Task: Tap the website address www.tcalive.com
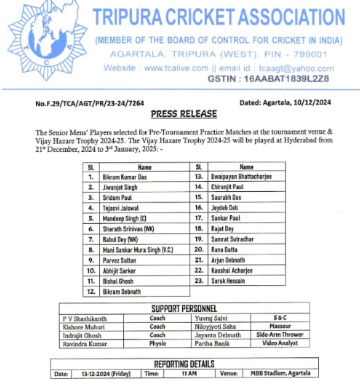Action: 176,68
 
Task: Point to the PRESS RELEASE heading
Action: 184,114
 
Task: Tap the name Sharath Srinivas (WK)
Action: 128,229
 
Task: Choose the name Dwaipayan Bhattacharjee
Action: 241,177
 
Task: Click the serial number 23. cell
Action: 199,281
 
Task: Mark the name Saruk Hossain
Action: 228,281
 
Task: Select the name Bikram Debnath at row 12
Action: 123,292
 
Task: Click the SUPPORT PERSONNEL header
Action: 184,308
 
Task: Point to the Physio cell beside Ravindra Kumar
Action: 157,344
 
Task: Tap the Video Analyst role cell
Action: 280,343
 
